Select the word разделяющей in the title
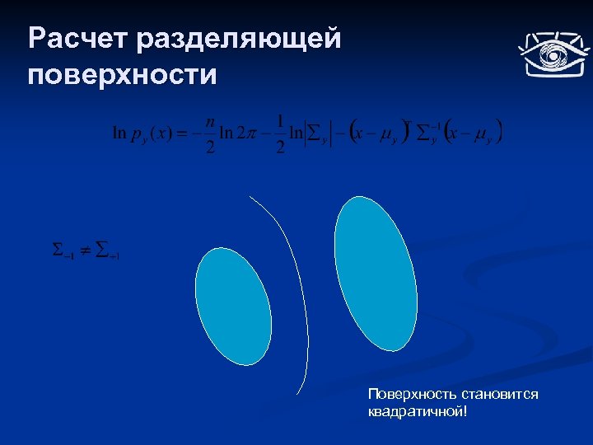[240, 39]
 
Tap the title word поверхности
[123, 75]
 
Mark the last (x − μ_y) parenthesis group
[473, 134]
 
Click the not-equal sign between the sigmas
[85, 249]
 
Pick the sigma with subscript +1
[107, 250]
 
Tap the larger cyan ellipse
[376, 271]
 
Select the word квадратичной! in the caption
[418, 410]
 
